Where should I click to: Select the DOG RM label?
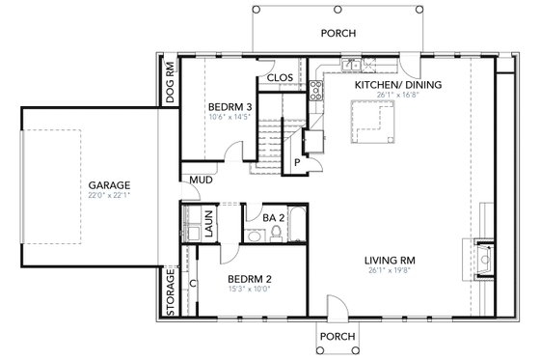(170, 84)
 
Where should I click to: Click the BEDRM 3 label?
(229, 106)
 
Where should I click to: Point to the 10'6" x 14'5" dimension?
(229, 118)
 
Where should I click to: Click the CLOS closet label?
(280, 77)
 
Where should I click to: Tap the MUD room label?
(201, 180)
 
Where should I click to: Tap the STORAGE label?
(171, 286)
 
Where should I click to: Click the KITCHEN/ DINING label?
(397, 85)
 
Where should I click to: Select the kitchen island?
(370, 120)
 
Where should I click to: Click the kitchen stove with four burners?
(315, 92)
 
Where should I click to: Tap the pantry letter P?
(297, 161)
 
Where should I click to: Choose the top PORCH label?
(338, 33)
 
